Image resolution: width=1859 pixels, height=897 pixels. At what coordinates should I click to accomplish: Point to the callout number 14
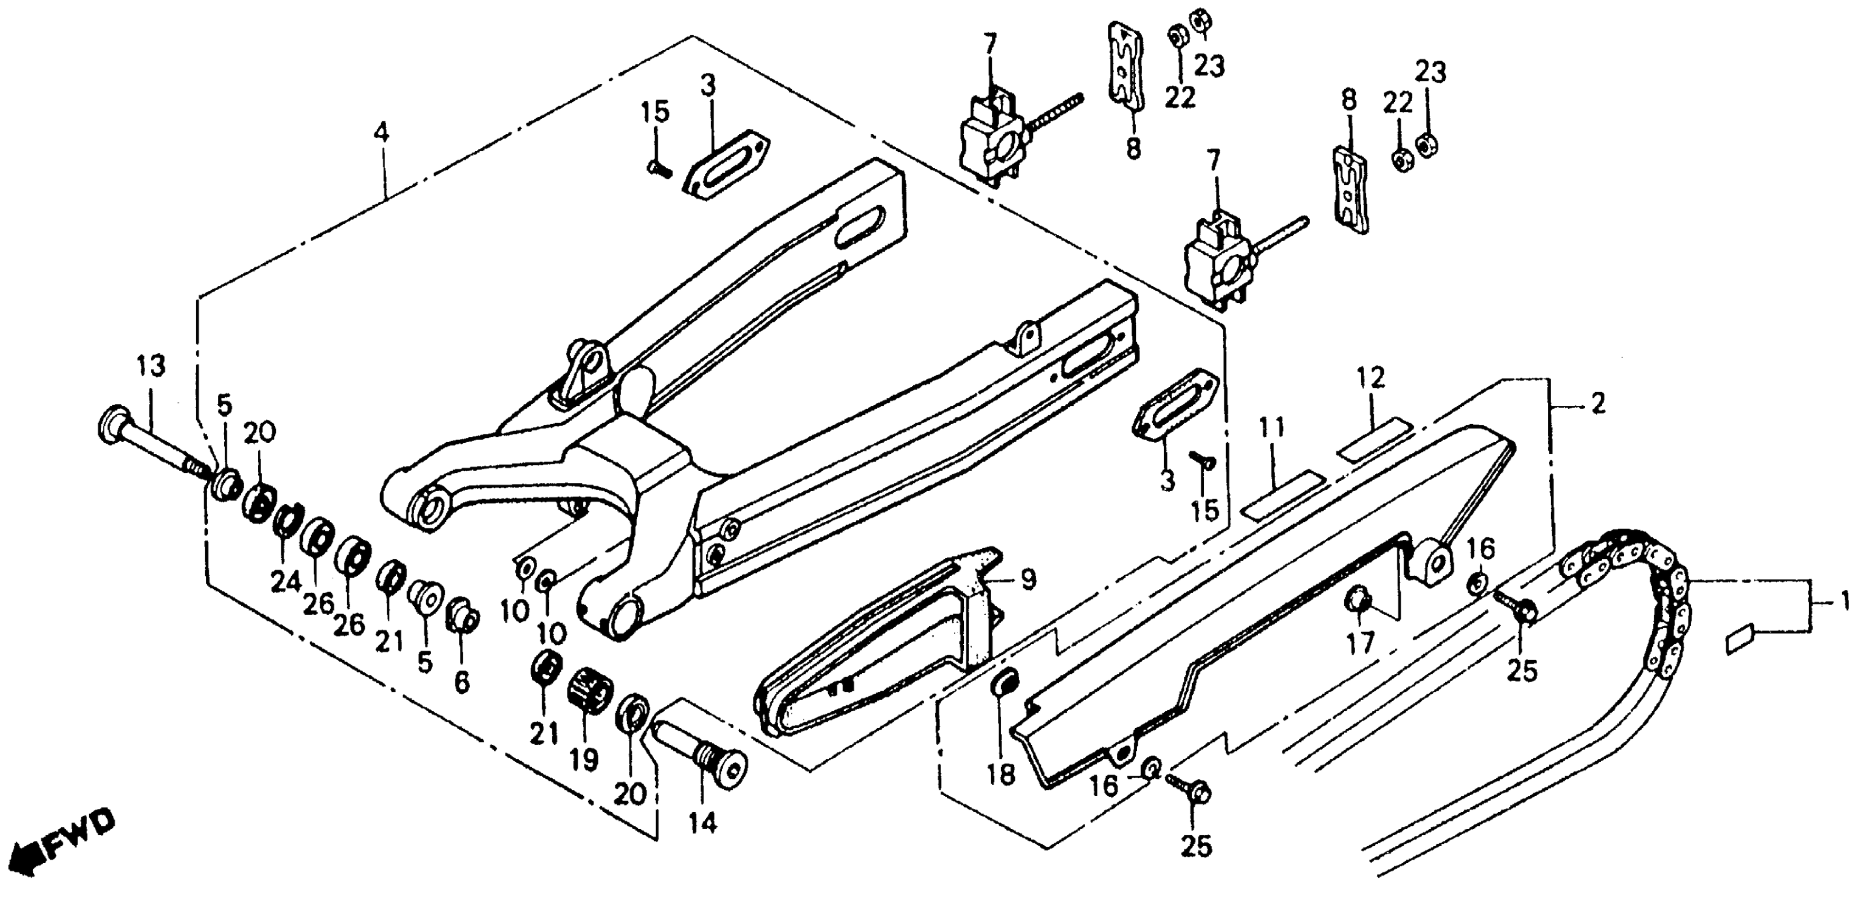pyautogui.click(x=702, y=822)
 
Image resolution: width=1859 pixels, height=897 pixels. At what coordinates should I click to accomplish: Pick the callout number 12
pyautogui.click(x=1371, y=378)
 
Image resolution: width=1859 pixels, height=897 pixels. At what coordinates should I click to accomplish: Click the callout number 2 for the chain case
pyautogui.click(x=1598, y=404)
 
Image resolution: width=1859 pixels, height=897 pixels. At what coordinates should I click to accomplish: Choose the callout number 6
pyautogui.click(x=462, y=681)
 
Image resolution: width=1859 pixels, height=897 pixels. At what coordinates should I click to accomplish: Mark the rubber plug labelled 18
pyautogui.click(x=1004, y=685)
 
